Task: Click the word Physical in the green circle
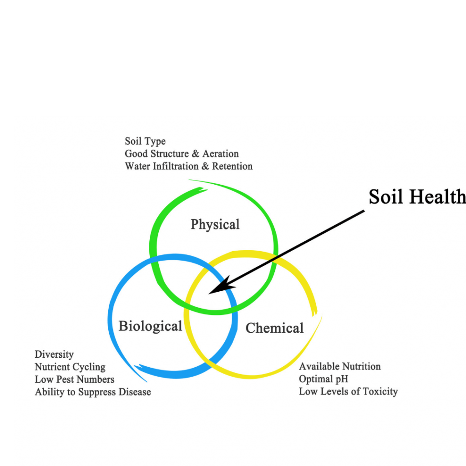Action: [215, 224]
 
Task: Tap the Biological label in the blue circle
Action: [150, 326]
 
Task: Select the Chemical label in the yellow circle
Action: [274, 328]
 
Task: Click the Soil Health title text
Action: [416, 197]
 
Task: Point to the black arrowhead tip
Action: [210, 293]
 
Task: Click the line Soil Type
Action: [145, 142]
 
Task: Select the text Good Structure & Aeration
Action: [182, 154]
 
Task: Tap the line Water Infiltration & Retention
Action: [188, 166]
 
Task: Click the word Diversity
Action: [54, 355]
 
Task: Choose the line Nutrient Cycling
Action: [70, 367]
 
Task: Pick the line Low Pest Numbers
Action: [74, 379]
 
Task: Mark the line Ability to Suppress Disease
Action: [92, 391]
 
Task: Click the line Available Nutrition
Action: [339, 366]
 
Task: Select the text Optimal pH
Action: [323, 379]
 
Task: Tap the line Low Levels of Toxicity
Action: [348, 391]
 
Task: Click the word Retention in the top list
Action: [232, 166]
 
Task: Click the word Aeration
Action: [220, 154]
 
